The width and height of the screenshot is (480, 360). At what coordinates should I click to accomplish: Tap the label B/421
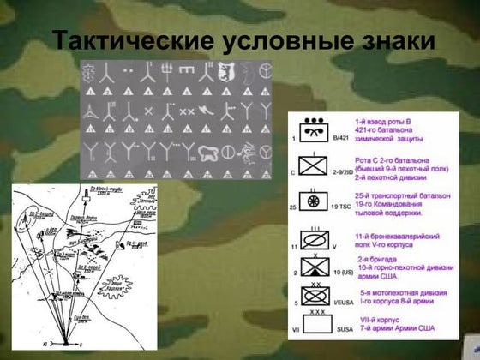pyautogui.click(x=340, y=138)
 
